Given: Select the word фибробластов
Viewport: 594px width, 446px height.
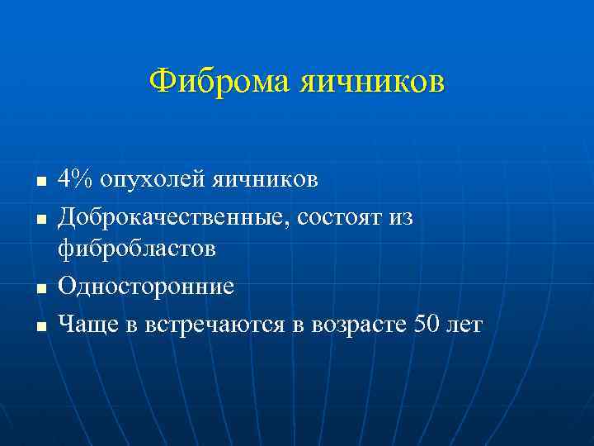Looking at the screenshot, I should click(137, 249).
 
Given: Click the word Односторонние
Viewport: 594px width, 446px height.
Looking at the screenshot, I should click(146, 287).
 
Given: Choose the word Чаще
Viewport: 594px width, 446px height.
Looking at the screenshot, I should click(87, 325).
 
